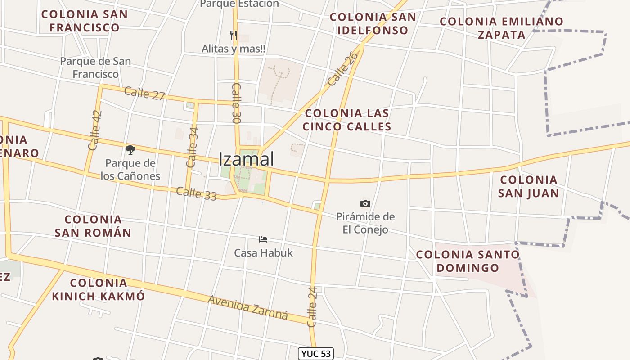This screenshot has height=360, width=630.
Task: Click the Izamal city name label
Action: tap(246, 159)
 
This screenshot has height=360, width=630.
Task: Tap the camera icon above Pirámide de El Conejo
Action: tap(365, 204)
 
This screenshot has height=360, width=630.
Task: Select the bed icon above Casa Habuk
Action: tap(263, 239)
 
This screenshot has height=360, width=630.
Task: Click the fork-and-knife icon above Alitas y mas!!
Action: tap(233, 35)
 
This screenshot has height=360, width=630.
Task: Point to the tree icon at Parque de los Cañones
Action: tap(130, 149)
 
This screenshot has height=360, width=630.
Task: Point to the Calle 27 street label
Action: tap(144, 94)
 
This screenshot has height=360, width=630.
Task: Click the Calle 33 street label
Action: tap(196, 194)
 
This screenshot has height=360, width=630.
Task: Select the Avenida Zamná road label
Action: tap(247, 307)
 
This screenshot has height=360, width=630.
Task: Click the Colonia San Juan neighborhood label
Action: tap(529, 187)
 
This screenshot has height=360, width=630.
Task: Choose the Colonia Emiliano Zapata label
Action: tap(501, 28)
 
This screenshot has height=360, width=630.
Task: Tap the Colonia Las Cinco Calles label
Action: tap(346, 120)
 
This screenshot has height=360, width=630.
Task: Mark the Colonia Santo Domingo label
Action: tap(468, 261)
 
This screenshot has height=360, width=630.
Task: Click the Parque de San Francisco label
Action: tap(95, 67)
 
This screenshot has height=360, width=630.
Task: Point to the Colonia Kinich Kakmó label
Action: tap(99, 289)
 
